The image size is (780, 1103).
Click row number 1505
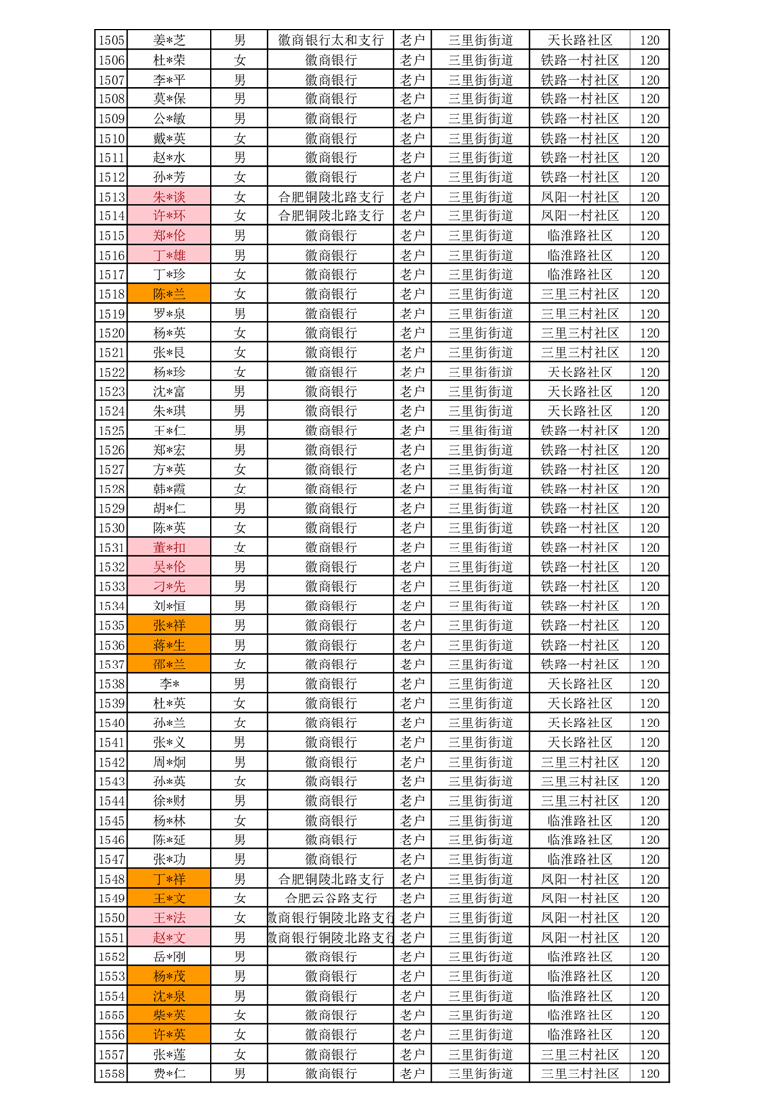coord(111,40)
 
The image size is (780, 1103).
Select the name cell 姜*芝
coord(169,40)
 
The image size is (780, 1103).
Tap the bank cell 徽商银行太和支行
coord(330,40)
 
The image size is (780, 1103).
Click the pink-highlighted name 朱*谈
coord(169,197)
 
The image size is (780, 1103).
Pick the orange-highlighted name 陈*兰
coord(169,294)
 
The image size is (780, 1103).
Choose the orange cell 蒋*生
coord(169,645)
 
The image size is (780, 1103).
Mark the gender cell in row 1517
coord(239,274)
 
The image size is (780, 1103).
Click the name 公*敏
coord(169,119)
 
